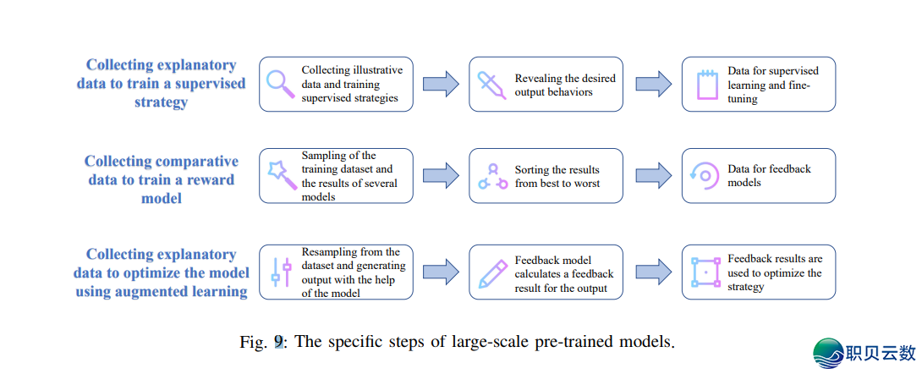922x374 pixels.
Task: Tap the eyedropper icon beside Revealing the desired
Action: tap(491, 83)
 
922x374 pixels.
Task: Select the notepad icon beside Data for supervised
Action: tap(705, 85)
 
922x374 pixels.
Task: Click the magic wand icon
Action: tap(279, 173)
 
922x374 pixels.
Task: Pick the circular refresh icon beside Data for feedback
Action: tap(704, 176)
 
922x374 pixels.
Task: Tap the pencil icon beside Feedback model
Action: tap(491, 272)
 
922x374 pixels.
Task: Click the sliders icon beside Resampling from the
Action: tap(276, 272)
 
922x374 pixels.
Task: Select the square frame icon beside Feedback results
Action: tap(705, 272)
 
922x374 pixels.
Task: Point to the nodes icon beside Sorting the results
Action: tap(491, 176)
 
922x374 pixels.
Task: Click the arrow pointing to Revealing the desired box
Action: tap(441, 83)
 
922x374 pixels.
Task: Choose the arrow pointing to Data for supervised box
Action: tap(653, 83)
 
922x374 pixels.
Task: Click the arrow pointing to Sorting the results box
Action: tap(441, 175)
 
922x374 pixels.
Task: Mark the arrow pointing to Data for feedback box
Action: tap(653, 175)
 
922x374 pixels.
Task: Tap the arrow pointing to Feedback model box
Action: tap(441, 272)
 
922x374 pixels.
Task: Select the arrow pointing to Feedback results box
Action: tap(653, 272)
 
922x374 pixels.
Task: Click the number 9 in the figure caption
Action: tap(278, 344)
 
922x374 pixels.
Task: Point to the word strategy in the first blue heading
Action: tap(161, 102)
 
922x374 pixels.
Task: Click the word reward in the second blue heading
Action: tap(210, 179)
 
